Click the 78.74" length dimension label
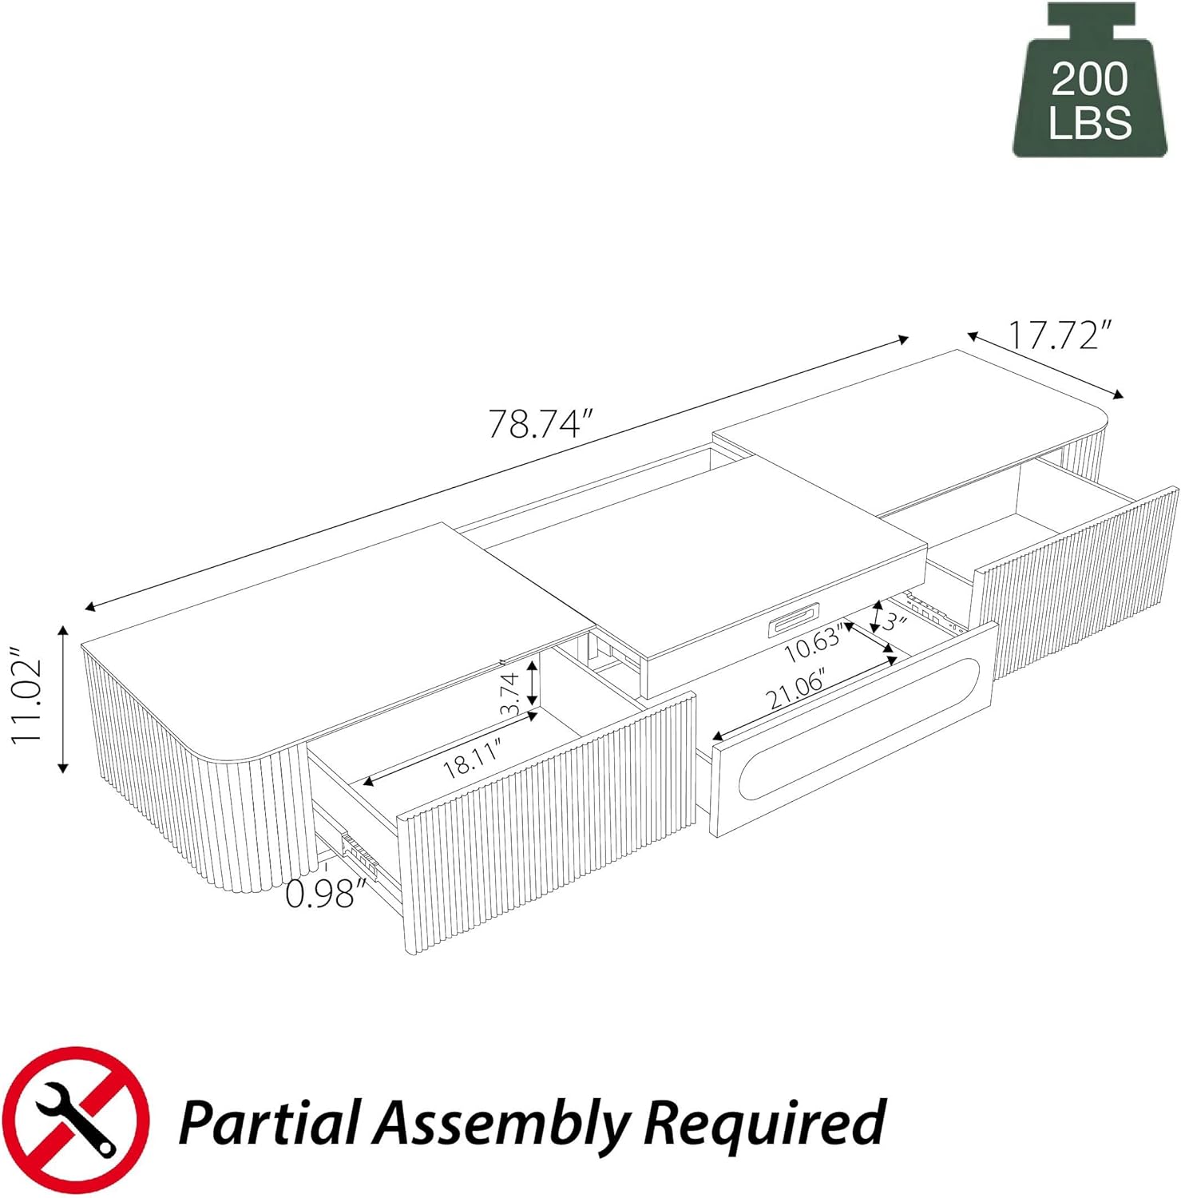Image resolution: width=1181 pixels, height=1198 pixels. pos(541,423)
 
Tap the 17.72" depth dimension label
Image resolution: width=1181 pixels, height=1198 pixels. pos(1059,335)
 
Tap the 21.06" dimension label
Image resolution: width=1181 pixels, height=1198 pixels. pos(795,691)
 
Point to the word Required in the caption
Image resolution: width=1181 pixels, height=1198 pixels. pos(764,1122)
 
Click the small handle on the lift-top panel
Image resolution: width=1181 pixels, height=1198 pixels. pos(792,624)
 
